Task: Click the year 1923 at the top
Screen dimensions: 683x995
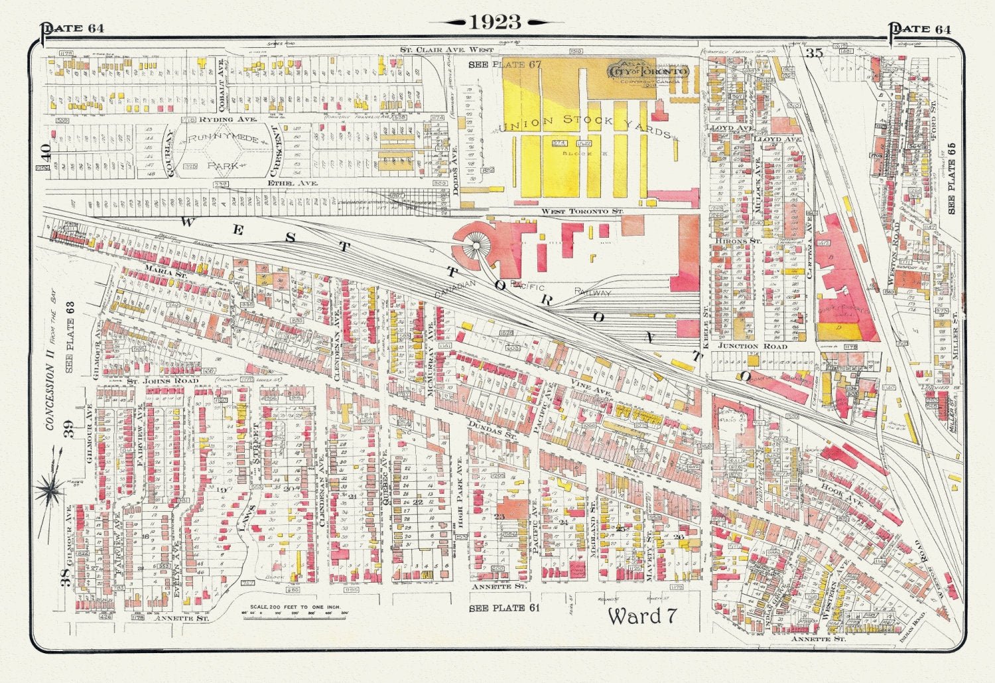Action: pos(496,22)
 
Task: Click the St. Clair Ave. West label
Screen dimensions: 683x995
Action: pos(447,50)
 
